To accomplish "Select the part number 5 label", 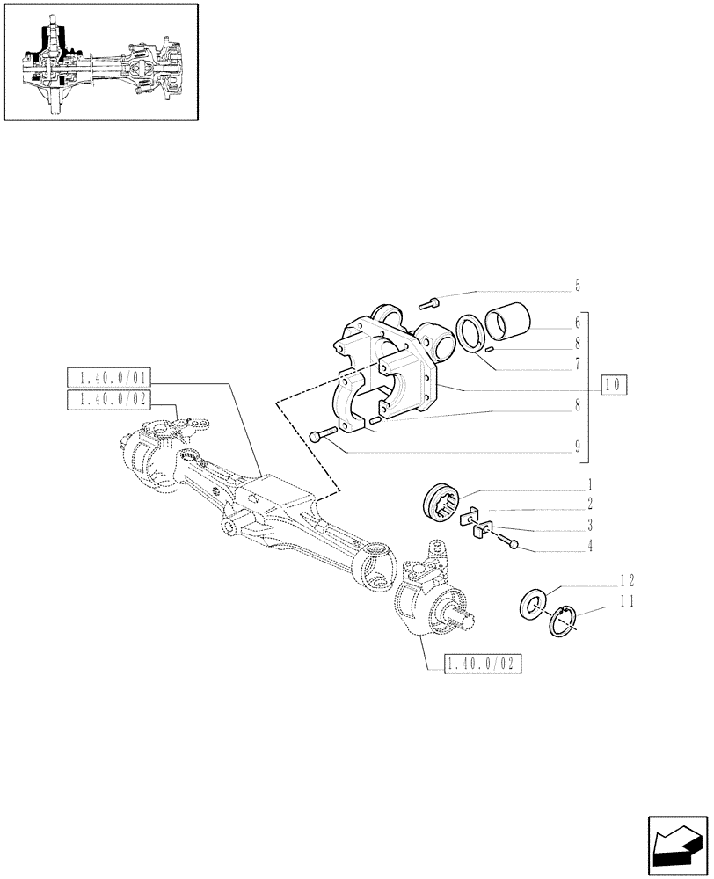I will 577,286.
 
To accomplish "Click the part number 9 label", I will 577,447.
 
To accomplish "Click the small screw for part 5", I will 429,303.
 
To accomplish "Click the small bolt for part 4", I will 510,543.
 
